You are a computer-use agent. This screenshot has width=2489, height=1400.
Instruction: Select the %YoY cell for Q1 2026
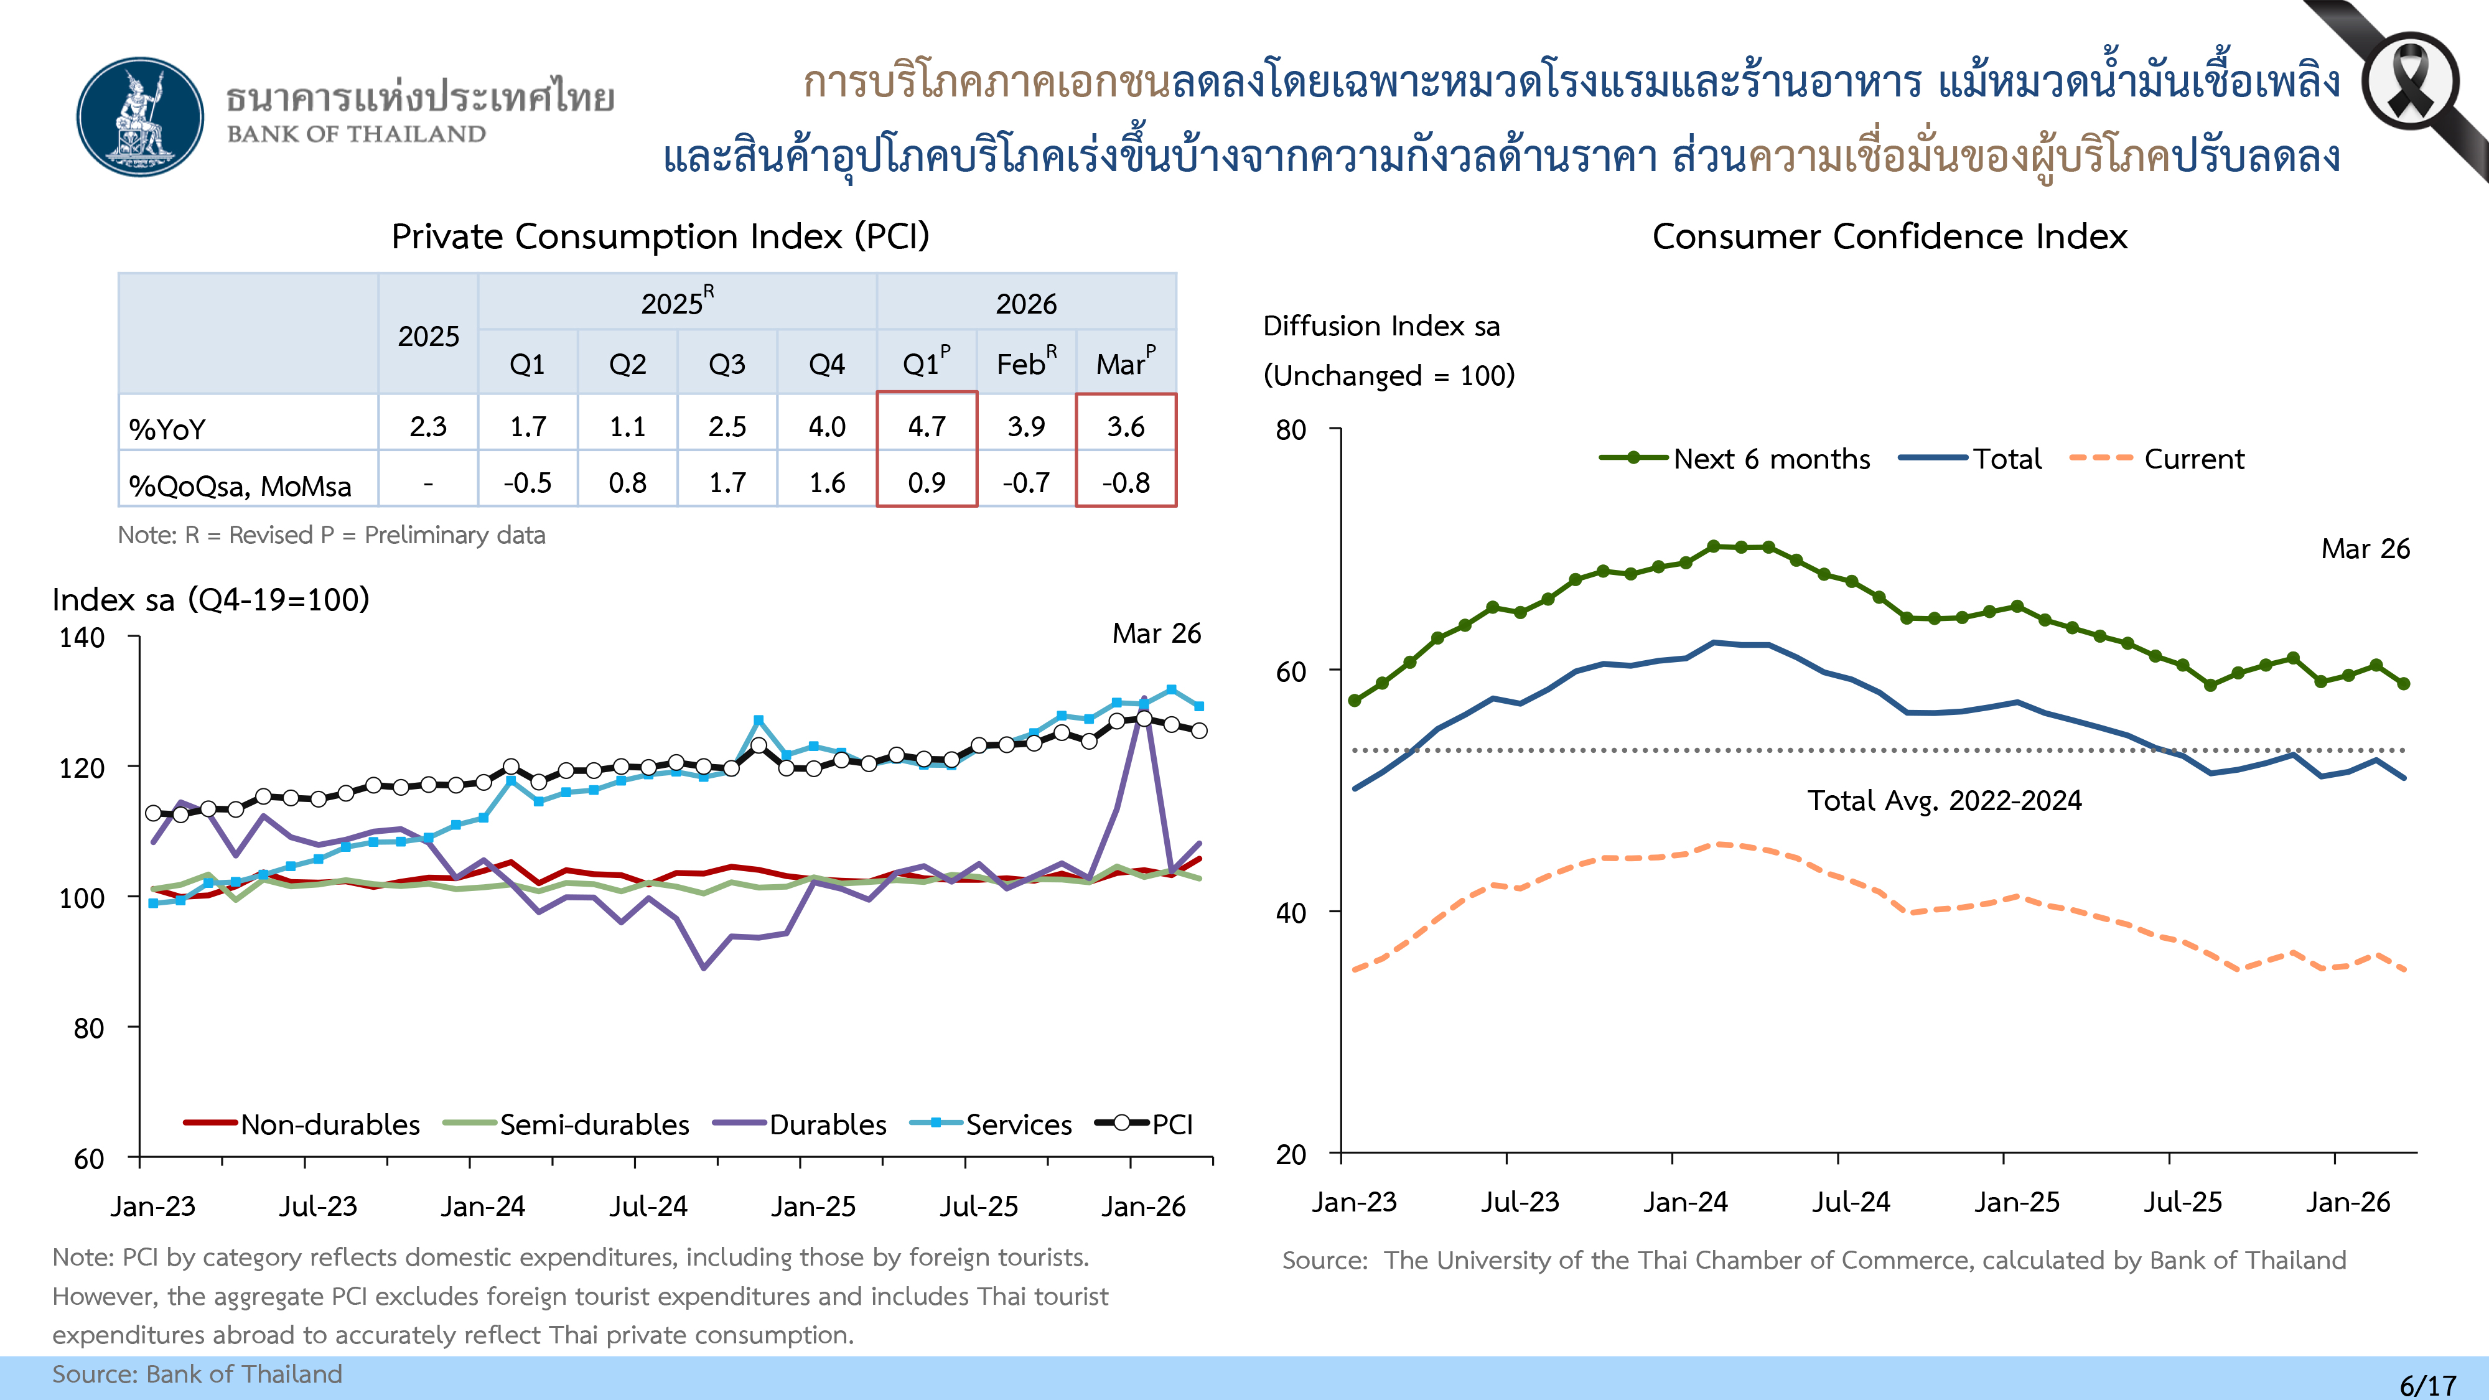(927, 426)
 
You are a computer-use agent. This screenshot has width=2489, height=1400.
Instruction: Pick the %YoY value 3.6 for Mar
(1126, 426)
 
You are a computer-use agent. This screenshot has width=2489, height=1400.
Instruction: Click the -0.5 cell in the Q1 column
(528, 482)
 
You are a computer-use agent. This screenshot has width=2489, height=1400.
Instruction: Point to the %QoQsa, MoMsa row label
(240, 485)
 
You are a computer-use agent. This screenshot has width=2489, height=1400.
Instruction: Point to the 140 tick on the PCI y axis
(82, 638)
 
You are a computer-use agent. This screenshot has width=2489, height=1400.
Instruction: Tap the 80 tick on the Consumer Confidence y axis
(1291, 430)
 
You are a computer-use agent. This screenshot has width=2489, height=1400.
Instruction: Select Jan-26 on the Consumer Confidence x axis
(2348, 1202)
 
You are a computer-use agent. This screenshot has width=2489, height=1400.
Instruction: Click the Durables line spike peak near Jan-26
(1144, 699)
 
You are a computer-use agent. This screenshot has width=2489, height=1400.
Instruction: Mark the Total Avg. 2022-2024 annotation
(1944, 800)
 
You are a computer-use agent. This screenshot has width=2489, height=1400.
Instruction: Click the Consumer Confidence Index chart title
(1889, 236)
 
